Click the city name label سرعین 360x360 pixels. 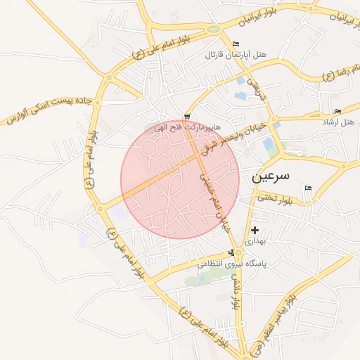tap(269, 174)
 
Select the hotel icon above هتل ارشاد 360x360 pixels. tap(338, 112)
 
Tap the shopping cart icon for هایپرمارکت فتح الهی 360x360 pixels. tap(187, 117)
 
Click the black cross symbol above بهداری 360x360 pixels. tap(255, 230)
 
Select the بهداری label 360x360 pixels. tap(255, 240)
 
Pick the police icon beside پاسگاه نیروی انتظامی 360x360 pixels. tap(232, 253)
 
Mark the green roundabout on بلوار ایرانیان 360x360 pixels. tap(212, 30)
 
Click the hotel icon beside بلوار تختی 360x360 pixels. tap(307, 187)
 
